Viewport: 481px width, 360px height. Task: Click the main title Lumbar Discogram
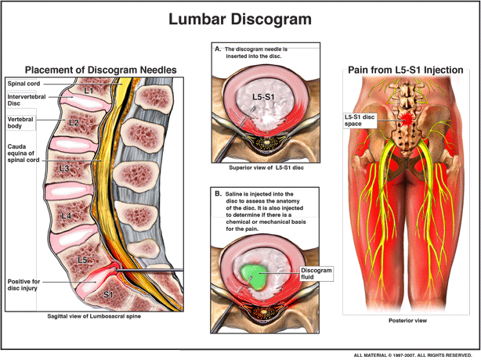[240, 18]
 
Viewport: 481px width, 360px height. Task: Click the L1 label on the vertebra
[89, 92]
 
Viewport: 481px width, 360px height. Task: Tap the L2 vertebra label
[74, 123]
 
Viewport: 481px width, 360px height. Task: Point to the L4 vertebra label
[67, 216]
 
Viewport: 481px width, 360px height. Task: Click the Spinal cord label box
[24, 82]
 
